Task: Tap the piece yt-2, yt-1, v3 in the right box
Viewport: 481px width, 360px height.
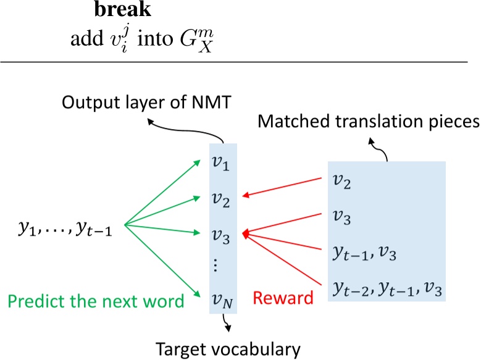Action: coord(381,287)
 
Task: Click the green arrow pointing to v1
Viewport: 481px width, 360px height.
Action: coord(164,191)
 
